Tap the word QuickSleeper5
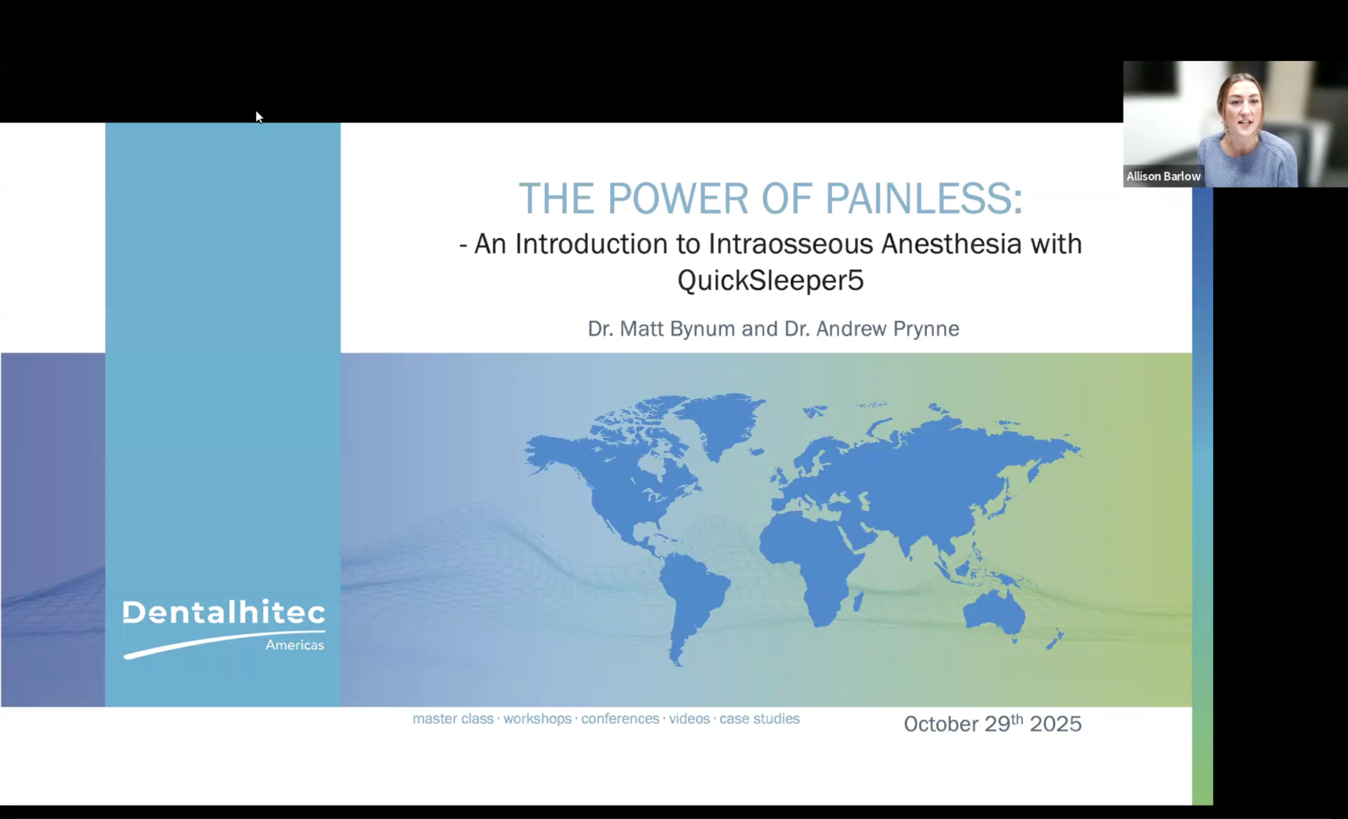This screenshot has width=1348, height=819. (x=770, y=280)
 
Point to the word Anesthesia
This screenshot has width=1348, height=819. (x=951, y=244)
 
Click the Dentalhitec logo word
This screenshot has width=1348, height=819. (x=224, y=612)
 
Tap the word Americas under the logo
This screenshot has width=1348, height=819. (x=294, y=645)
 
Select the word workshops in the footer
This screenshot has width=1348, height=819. (x=537, y=718)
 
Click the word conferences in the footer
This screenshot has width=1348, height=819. (x=620, y=718)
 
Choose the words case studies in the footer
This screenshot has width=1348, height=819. (x=759, y=718)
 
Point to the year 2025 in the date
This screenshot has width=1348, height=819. (x=1055, y=724)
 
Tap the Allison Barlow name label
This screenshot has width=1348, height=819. (x=1163, y=176)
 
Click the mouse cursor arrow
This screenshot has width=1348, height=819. (x=259, y=117)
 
